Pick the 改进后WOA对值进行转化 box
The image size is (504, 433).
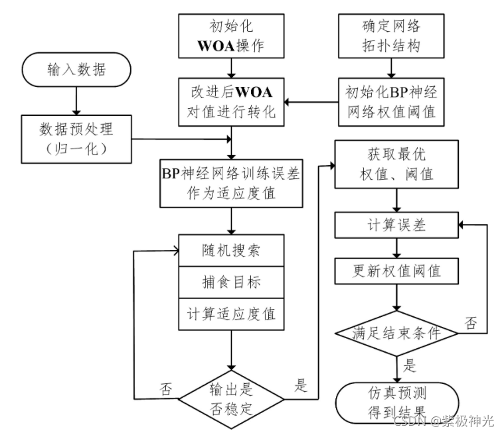point(230,101)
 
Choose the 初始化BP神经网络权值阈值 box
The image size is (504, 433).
point(390,101)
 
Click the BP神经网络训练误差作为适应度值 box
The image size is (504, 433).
point(230,183)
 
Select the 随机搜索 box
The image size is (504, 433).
point(230,250)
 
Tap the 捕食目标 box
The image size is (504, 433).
point(230,281)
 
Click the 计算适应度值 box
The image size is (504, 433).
point(230,312)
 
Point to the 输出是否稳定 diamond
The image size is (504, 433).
point(230,398)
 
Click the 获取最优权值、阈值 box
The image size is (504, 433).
point(396,164)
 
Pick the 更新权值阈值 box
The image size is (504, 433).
point(396,271)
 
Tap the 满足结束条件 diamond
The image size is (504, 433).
point(396,333)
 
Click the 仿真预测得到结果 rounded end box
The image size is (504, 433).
point(396,402)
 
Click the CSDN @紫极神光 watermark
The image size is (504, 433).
point(443,420)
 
